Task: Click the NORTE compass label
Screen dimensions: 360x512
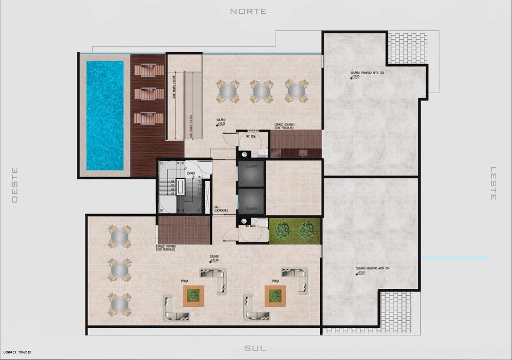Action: click(x=248, y=11)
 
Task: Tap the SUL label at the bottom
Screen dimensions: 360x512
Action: click(x=255, y=348)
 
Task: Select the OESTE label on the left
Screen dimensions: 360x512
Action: click(x=15, y=185)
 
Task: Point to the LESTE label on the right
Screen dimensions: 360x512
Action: click(x=494, y=183)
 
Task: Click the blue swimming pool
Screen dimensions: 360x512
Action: click(x=105, y=115)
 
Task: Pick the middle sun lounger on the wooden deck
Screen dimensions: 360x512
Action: click(x=148, y=93)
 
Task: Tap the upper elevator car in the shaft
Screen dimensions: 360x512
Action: click(x=251, y=174)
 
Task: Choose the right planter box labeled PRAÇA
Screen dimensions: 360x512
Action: click(x=275, y=295)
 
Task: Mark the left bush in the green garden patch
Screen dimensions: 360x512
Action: click(x=283, y=230)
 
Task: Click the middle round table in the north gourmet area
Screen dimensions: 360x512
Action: click(x=262, y=91)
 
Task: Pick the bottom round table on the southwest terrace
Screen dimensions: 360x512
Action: click(x=119, y=304)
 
